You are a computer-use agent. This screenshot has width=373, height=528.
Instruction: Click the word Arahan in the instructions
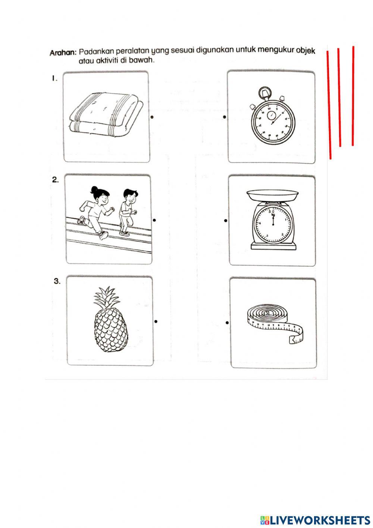tap(63, 53)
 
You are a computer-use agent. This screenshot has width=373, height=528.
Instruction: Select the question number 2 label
tap(55, 180)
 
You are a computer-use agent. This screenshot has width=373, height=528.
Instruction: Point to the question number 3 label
tap(57, 281)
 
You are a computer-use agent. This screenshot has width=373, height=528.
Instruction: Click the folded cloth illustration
tap(106, 115)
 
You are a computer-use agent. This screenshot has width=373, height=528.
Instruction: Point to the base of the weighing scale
tap(273, 246)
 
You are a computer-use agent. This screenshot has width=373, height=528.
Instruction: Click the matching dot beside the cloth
tap(152, 117)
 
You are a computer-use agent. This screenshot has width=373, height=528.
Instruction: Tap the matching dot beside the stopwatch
tap(224, 117)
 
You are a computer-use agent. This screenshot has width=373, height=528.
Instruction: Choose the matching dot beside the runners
tap(154, 220)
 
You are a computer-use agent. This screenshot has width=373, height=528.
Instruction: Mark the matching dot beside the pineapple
tap(156, 321)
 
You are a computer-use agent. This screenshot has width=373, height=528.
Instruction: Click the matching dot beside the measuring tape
tap(227, 323)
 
